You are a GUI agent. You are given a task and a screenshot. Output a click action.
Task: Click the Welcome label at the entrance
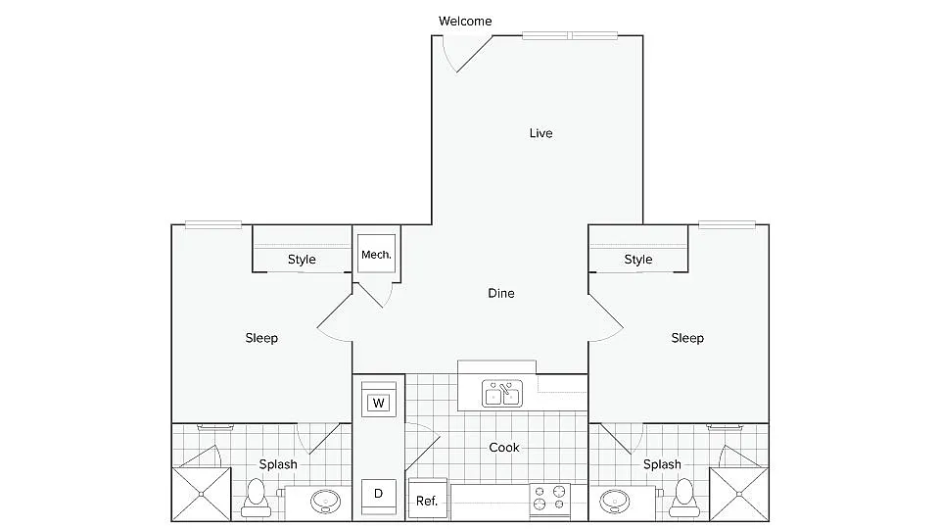point(465,21)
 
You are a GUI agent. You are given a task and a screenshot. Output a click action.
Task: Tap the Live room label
point(540,133)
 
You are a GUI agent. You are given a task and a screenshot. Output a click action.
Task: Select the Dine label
point(500,293)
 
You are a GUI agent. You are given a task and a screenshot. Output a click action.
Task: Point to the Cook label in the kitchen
point(504,448)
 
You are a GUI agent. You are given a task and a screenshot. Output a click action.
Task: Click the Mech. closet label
point(376,255)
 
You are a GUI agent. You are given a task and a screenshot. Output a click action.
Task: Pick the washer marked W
point(378,402)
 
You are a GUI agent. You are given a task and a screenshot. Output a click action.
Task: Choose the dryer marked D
point(378,494)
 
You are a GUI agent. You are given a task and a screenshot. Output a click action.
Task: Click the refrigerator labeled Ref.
point(427,500)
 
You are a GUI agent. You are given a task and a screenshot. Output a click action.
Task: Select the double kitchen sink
point(503,394)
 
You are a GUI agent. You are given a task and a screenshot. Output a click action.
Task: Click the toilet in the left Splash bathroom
point(257,497)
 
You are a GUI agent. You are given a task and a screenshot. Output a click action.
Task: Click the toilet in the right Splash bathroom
point(682,497)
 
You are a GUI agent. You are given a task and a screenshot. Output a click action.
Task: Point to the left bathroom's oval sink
point(324,503)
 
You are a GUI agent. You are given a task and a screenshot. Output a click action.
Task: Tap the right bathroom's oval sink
point(615,503)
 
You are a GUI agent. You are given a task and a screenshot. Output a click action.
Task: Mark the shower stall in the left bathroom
point(201,494)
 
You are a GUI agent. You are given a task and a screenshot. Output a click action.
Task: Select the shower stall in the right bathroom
point(737,494)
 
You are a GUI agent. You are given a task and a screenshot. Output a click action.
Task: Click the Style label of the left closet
point(302,260)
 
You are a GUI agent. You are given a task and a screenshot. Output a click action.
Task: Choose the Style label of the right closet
point(638,260)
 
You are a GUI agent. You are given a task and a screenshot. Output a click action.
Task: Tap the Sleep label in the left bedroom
point(261,338)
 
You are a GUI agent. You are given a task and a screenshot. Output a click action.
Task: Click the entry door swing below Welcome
point(460,54)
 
